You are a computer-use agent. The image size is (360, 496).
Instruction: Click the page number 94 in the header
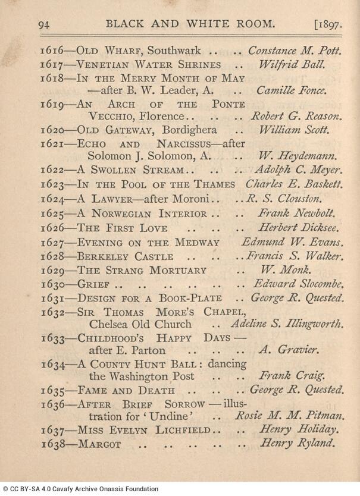pyautogui.click(x=45, y=24)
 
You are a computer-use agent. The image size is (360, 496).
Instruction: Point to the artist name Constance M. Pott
pyautogui.click(x=294, y=51)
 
